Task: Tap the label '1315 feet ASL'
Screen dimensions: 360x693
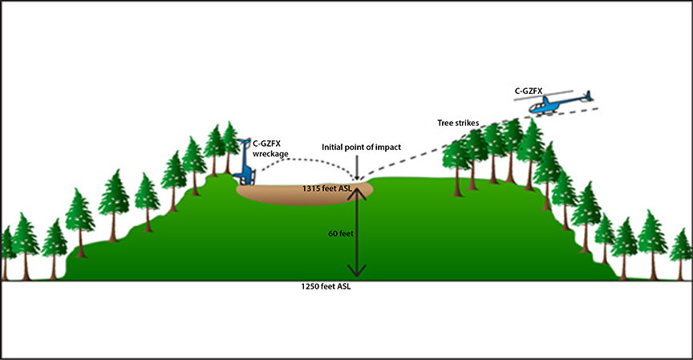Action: pos(328,188)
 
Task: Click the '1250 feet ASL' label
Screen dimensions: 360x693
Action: pos(325,286)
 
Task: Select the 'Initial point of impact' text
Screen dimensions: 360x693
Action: pos(360,147)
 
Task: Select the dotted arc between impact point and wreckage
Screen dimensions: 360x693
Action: pos(308,159)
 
